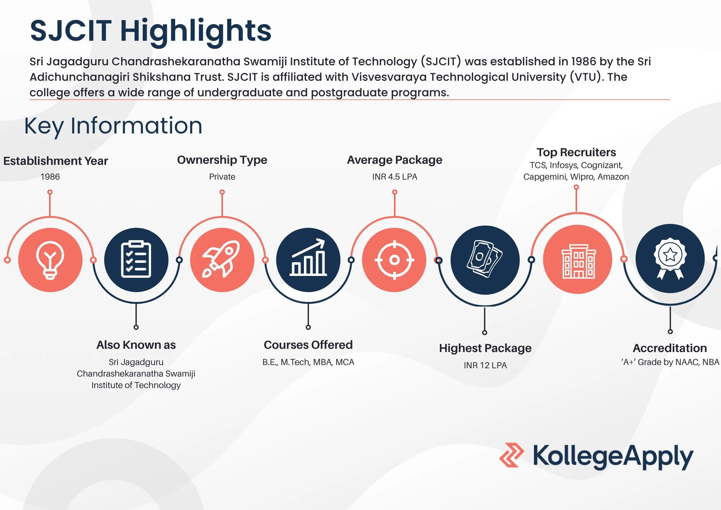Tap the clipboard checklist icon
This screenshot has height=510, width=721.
point(136,259)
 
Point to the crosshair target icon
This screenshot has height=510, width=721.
point(394,260)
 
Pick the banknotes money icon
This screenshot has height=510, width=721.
point(485,259)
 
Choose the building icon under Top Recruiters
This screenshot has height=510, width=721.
point(578,260)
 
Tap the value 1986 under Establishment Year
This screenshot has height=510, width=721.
point(50,177)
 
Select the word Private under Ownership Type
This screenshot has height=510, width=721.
point(222,177)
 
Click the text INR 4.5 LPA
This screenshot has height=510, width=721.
point(394,177)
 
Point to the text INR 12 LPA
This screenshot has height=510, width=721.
point(485,365)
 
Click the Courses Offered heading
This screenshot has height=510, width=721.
point(308,345)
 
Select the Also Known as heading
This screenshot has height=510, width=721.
point(136,345)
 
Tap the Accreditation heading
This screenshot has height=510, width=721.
point(670,348)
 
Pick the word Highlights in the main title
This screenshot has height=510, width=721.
point(195,31)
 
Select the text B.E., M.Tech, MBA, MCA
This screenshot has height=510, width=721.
point(308,362)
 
